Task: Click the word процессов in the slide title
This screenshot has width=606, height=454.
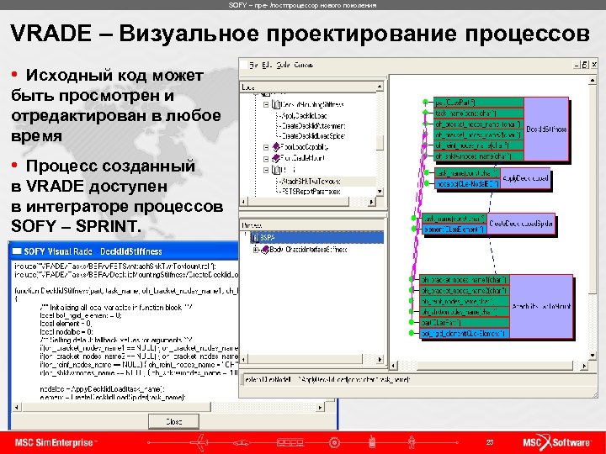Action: pos(514,34)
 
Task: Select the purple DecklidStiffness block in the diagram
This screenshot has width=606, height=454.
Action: pos(546,129)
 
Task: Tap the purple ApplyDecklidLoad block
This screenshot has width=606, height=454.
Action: pos(525,178)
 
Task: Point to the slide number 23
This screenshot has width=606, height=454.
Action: pos(490,442)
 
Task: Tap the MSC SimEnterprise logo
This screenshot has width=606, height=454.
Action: pos(56,442)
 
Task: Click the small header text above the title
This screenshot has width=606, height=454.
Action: pos(303,5)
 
